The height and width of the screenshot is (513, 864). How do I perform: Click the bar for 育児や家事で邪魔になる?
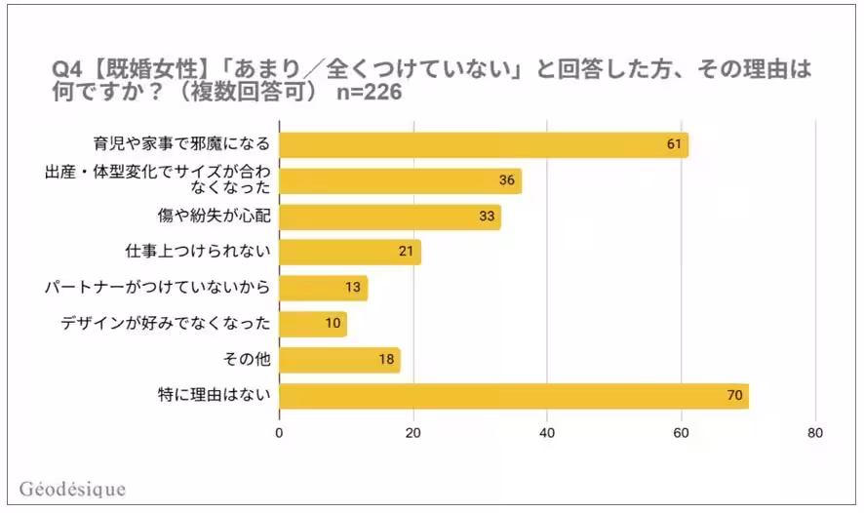(x=484, y=144)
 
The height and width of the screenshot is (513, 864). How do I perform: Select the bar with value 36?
(x=401, y=180)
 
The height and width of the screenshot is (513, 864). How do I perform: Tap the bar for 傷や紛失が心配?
(x=390, y=217)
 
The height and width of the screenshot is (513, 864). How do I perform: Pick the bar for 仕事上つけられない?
(x=350, y=253)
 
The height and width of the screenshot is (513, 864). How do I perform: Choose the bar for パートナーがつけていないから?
(x=324, y=289)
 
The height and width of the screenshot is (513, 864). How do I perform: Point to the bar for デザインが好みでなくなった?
(x=313, y=324)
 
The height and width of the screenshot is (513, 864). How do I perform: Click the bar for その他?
(x=340, y=360)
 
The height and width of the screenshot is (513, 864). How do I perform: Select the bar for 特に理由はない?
(x=514, y=396)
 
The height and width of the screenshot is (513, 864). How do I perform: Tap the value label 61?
(x=673, y=144)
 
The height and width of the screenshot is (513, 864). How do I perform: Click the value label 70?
(x=734, y=396)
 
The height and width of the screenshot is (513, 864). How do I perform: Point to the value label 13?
(x=353, y=289)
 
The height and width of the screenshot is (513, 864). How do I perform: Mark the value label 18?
(x=386, y=360)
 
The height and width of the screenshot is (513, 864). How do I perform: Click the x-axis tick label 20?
(x=413, y=433)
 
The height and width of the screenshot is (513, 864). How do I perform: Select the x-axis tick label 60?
(x=682, y=433)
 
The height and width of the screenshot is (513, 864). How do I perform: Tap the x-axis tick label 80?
(x=815, y=433)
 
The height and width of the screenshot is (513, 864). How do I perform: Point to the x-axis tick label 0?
(x=280, y=433)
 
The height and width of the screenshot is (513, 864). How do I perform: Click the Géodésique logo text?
(x=72, y=489)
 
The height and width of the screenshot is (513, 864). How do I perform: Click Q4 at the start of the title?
(x=65, y=70)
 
